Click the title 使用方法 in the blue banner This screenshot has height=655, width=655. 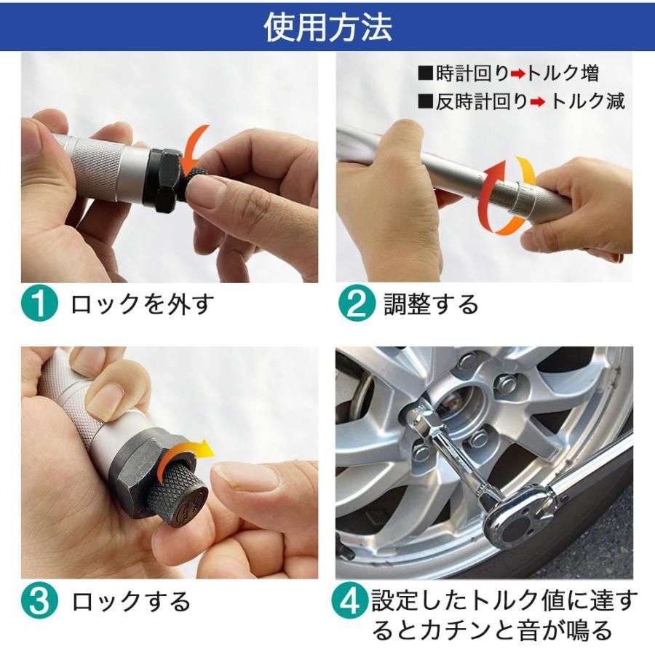pos(328,27)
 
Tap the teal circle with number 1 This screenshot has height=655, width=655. pos(39,303)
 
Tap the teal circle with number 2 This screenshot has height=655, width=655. pos(357,303)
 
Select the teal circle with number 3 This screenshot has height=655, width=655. pos(39,602)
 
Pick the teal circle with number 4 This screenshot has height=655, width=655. pos(350,602)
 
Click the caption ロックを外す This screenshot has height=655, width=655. pos(143,303)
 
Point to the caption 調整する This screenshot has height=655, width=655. pos(431,303)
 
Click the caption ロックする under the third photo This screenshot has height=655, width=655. pos(131,602)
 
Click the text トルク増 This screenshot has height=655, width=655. pos(563,74)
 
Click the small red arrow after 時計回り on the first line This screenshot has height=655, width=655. pos(518,74)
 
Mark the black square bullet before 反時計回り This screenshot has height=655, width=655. pos(426,101)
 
